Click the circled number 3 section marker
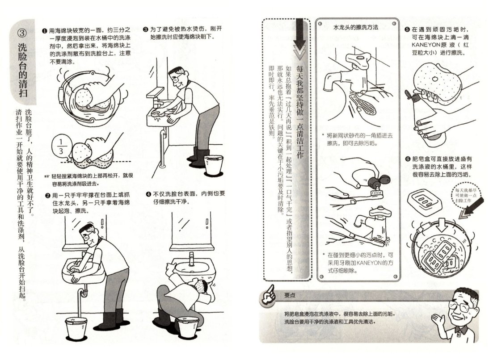click(22, 33)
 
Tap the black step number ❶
click(45, 30)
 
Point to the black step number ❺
click(407, 29)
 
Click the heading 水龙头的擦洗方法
click(355, 27)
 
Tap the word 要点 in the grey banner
click(289, 295)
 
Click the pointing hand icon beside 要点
click(268, 295)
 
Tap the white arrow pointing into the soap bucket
click(441, 225)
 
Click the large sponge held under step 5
click(437, 82)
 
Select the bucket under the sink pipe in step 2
click(76, 328)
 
